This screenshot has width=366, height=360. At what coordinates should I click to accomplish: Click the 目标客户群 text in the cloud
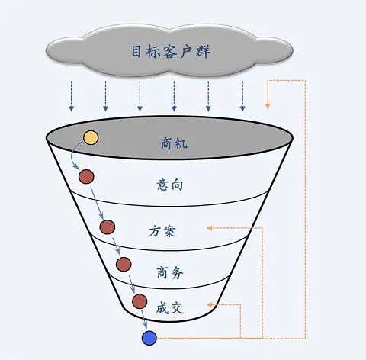tap(171, 52)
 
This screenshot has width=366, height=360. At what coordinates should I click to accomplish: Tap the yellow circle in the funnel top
tap(91, 137)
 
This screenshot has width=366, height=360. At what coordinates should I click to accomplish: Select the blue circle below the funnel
tap(149, 338)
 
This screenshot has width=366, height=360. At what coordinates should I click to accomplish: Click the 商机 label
tap(174, 143)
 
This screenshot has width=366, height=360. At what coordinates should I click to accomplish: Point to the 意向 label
tap(170, 185)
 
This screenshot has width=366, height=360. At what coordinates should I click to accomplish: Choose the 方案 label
tap(162, 231)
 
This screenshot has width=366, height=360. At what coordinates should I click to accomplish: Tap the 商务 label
tap(169, 272)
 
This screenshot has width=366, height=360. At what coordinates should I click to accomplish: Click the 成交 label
tap(169, 308)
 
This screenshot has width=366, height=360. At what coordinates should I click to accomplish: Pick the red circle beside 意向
tap(86, 176)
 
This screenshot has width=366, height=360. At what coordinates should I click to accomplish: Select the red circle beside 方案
tap(108, 227)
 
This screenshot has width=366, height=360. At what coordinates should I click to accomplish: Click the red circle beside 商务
tap(124, 264)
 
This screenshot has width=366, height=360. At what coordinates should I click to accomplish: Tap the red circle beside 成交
tap(140, 301)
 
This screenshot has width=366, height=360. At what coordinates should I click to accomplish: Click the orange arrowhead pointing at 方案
tap(210, 228)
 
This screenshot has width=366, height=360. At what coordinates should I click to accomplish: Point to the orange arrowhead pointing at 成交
tap(210, 304)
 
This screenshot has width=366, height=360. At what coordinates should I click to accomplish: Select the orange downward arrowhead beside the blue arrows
tap(268, 106)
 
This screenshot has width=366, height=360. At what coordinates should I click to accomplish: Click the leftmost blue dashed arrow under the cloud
tap(72, 96)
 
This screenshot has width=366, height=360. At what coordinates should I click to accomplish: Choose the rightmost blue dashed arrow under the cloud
tap(242, 96)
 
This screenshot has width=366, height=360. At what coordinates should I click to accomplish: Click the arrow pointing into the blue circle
tap(144, 319)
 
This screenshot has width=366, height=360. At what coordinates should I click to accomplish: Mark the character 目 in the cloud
tap(136, 52)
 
